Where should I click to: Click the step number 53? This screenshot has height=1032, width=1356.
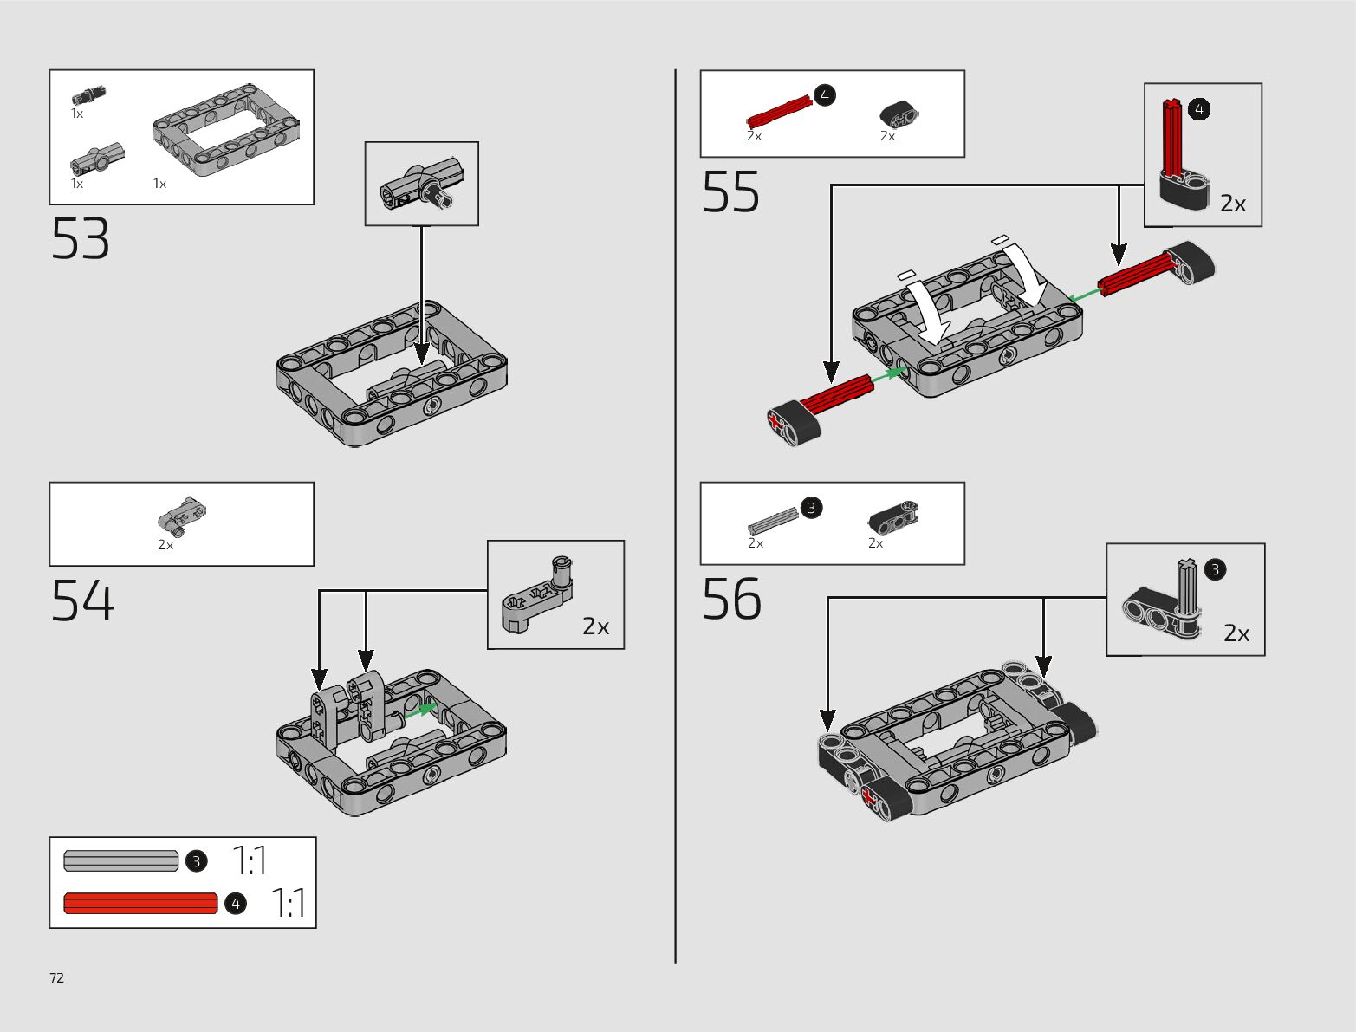[x=81, y=239]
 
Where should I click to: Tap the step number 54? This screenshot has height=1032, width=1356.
[x=82, y=600]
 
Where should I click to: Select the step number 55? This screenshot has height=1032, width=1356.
[x=730, y=192]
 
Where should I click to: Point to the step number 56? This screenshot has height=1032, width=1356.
[x=731, y=600]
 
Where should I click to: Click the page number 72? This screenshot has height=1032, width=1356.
[x=56, y=978]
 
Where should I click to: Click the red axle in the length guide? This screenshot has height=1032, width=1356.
[x=140, y=904]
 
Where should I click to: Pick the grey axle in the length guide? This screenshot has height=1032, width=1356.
[x=120, y=861]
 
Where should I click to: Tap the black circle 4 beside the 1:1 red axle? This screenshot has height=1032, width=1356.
[x=235, y=904]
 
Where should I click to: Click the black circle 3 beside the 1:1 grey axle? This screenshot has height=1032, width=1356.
[x=197, y=861]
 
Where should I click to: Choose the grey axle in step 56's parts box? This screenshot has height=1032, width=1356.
[x=773, y=520]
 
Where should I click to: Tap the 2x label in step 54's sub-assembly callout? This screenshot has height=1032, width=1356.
[x=595, y=626]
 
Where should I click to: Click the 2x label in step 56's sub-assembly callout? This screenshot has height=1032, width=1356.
[x=1236, y=633]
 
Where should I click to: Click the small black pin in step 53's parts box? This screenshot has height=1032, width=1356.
[x=88, y=94]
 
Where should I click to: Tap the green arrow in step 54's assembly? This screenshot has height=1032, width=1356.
[x=421, y=710]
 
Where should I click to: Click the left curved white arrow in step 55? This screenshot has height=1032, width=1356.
[x=925, y=312]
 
